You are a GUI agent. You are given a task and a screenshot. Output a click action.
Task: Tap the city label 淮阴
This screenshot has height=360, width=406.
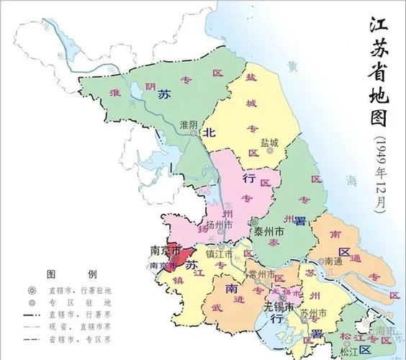(189, 124)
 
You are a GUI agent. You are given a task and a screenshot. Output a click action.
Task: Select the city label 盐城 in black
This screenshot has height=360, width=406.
(269, 141)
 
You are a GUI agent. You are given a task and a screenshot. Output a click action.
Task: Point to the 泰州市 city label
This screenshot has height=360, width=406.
(269, 232)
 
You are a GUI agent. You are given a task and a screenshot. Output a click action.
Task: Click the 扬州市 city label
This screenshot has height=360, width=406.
(219, 225)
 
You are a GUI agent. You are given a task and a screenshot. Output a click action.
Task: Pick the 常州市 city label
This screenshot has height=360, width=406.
(259, 274)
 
